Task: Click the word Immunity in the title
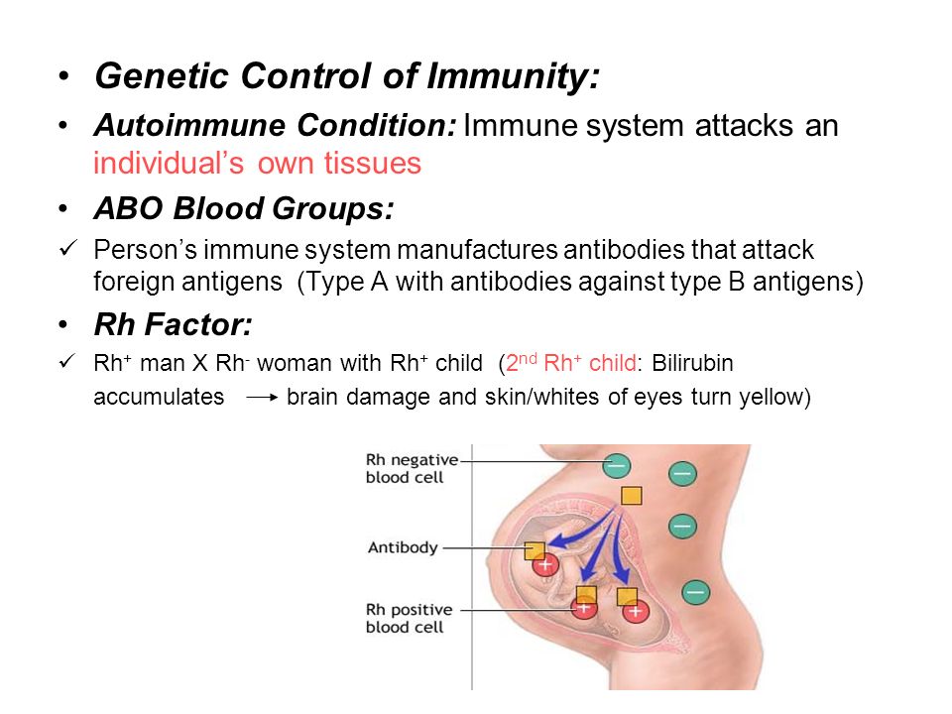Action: coord(513,77)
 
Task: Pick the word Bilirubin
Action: coord(693,363)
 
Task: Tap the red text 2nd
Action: coord(522,362)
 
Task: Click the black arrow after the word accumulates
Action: coord(262,398)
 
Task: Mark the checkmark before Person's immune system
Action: coord(68,248)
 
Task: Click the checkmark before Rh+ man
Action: coord(68,361)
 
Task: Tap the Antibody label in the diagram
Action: coord(403,547)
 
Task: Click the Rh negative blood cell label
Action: coord(412,468)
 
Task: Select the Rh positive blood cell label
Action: coord(410,618)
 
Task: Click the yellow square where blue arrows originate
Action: coord(632,496)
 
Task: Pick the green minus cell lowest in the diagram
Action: coord(696,592)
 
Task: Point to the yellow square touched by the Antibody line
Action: coord(535,550)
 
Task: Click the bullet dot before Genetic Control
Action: coord(63,76)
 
